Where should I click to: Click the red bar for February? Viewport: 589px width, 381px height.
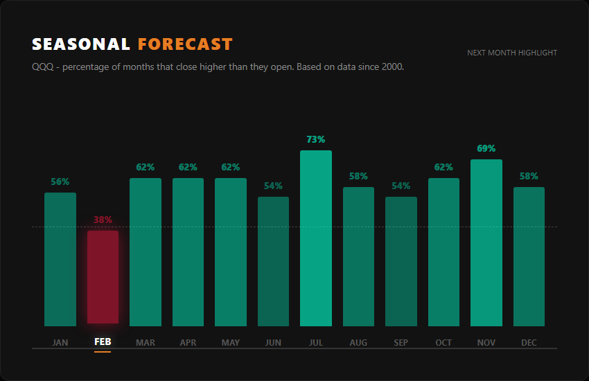[x=103, y=277]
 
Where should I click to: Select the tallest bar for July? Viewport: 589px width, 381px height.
[x=316, y=238]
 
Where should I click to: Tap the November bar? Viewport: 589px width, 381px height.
[x=486, y=242]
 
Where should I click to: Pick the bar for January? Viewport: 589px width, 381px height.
[x=60, y=259]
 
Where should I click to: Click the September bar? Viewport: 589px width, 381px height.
[x=401, y=261]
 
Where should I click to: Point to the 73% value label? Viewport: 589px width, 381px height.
[x=316, y=139]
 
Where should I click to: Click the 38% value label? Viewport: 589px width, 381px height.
[x=103, y=220]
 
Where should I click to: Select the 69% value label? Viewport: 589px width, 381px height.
[x=486, y=148]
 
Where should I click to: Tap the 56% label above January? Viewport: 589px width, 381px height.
[x=60, y=181]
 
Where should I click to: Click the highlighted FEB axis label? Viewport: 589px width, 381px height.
[x=103, y=342]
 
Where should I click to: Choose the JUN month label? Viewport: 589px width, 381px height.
[x=273, y=342]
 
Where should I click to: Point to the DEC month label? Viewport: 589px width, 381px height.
[x=529, y=342]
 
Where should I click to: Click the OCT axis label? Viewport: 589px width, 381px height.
[x=443, y=342]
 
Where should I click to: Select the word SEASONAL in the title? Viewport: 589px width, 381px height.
[x=81, y=44]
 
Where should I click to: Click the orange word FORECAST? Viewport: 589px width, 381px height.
[x=185, y=44]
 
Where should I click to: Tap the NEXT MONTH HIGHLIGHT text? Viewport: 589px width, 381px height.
[x=512, y=53]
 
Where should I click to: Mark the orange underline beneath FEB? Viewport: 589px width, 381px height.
[x=103, y=352]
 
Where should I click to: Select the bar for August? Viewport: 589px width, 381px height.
[x=358, y=256]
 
